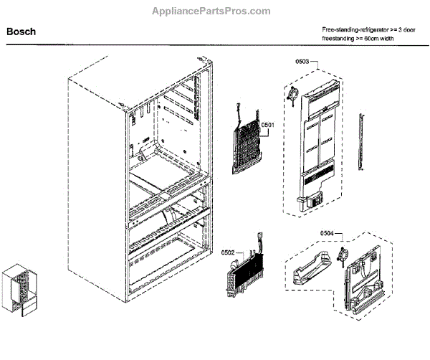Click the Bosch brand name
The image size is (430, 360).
coord(21,32)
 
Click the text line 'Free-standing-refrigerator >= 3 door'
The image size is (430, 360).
coord(373,28)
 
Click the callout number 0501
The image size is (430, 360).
coord(268,125)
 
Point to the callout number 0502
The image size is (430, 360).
coord(228,252)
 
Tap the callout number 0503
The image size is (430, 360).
coord(302,63)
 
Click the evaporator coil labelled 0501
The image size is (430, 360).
coord(247,143)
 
